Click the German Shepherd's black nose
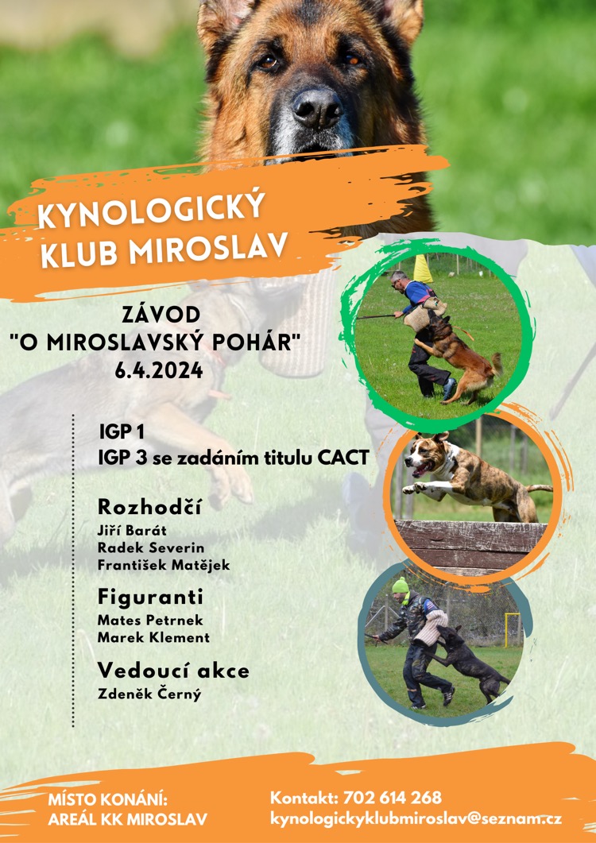click(x=317, y=107)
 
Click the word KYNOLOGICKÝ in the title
click(x=152, y=210)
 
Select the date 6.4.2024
click(x=159, y=370)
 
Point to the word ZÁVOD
click(x=161, y=315)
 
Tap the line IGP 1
click(x=122, y=431)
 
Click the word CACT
click(x=343, y=458)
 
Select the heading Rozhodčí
click(x=149, y=507)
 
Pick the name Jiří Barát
click(x=132, y=531)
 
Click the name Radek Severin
click(x=151, y=548)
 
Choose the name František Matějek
click(x=164, y=565)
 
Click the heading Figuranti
click(x=150, y=597)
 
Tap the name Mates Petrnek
click(x=150, y=621)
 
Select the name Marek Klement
click(x=153, y=638)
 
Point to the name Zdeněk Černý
click(x=149, y=694)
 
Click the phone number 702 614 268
click(x=392, y=797)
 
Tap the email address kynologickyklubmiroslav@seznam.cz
click(x=416, y=819)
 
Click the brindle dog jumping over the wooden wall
click(x=474, y=477)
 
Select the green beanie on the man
click(x=400, y=586)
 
